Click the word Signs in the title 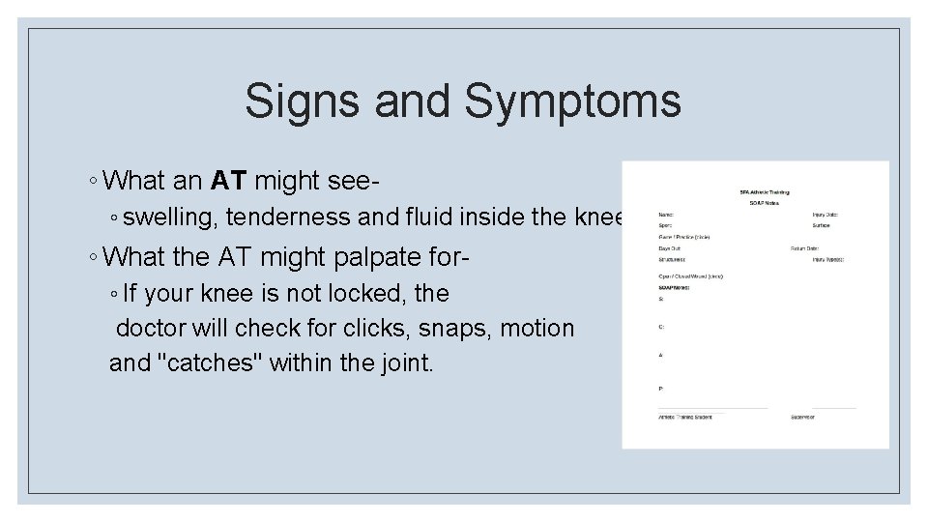click(x=301, y=101)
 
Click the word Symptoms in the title click(x=572, y=101)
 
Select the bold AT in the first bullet click(x=227, y=181)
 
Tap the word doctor click(x=153, y=328)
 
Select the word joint click(x=406, y=363)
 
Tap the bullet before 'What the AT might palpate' click(x=91, y=257)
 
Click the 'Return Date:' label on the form click(x=805, y=248)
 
